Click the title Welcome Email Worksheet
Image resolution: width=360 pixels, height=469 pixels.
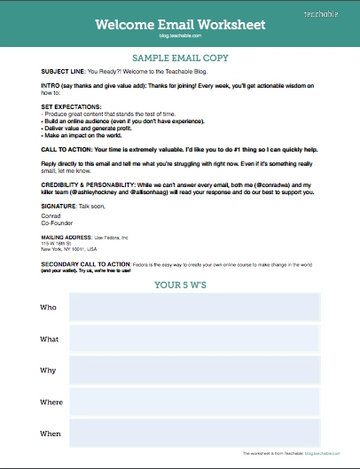pyautogui.click(x=179, y=24)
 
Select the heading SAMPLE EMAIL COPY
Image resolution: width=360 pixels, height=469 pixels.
pyautogui.click(x=180, y=56)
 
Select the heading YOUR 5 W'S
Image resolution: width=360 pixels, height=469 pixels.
pyautogui.click(x=180, y=285)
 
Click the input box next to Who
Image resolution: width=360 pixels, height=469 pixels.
pyautogui.click(x=195, y=308)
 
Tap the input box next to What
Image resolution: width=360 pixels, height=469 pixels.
pyautogui.click(x=195, y=340)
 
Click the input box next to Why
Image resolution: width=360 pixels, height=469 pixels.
pyautogui.click(x=195, y=371)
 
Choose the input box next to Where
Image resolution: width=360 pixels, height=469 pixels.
pyautogui.click(x=195, y=402)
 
